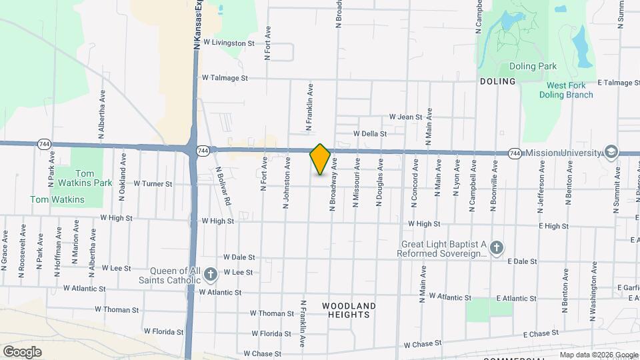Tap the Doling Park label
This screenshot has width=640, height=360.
coord(533,66)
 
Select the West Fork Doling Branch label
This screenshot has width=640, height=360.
coord(569,90)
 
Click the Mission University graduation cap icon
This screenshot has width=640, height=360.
coord(610,153)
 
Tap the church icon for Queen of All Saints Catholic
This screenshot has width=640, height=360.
coord(211,274)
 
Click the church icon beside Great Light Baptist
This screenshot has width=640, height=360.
coord(496,249)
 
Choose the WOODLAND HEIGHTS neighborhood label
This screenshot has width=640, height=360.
coord(349,310)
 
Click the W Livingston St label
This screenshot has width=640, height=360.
coord(229,43)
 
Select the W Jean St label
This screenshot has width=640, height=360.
coord(406,117)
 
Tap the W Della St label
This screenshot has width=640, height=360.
coord(371,133)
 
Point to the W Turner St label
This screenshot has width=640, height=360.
coord(153,183)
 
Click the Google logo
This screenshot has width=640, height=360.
coord(22,351)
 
